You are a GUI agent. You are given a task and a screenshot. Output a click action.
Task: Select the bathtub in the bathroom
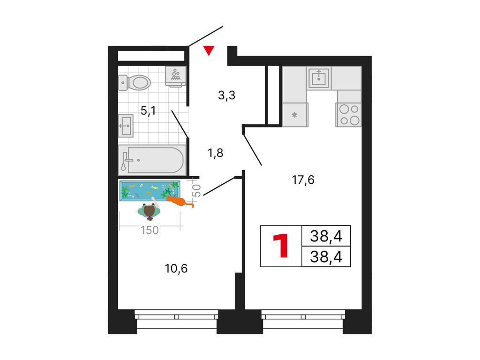coord(152,160)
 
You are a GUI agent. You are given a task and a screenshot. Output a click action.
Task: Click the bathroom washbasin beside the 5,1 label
coord(126,126)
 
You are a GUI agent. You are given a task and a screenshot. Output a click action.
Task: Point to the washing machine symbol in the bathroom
coord(176,76)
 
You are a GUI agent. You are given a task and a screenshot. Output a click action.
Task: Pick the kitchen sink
coord(319,78)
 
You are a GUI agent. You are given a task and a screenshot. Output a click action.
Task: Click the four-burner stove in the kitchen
coord(349,114)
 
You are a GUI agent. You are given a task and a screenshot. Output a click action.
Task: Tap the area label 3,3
coord(226,96)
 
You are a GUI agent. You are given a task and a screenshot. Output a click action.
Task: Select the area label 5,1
coord(148,111)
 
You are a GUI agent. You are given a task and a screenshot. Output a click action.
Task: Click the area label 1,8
coord(216,152)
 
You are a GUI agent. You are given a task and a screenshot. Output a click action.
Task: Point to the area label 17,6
coord(303,180)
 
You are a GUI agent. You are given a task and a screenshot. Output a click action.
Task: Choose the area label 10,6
coord(176,269)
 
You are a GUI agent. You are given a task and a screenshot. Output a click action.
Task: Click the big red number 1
coord(281,246)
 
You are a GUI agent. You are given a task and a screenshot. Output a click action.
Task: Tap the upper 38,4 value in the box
coord(326,236)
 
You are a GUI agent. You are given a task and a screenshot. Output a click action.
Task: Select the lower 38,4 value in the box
coord(326,256)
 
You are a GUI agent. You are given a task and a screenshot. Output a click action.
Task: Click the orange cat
coord(179,201)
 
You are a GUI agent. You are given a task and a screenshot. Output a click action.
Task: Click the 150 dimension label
coord(150,230)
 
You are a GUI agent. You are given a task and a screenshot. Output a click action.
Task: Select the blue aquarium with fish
coord(150,191)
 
